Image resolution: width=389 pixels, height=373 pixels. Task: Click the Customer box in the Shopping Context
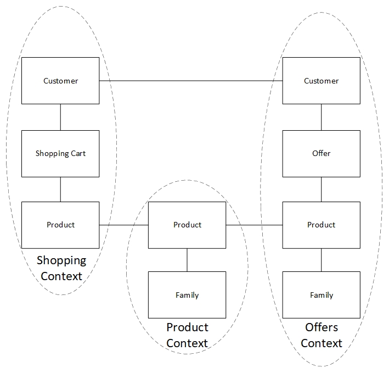[60, 81]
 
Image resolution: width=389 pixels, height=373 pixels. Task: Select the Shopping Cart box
[60, 154]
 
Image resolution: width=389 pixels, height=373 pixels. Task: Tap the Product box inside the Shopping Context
[60, 225]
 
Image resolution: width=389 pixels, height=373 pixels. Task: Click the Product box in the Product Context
[187, 225]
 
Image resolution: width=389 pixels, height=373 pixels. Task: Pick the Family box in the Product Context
[187, 295]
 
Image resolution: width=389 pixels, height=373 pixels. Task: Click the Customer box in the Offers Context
[322, 81]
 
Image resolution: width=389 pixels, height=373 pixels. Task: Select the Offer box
[322, 154]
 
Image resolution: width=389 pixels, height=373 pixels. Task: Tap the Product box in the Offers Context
[322, 225]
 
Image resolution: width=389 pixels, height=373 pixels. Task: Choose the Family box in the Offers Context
[322, 295]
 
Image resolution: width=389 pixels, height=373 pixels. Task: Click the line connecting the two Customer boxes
[191, 81]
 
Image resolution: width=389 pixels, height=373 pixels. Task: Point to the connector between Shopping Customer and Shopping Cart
[60, 117]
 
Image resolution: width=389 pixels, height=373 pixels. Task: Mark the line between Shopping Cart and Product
[60, 190]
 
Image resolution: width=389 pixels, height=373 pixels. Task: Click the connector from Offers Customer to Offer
[322, 117]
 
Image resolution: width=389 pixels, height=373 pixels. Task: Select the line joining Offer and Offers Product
[322, 190]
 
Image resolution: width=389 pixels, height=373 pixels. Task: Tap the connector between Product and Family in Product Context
[187, 260]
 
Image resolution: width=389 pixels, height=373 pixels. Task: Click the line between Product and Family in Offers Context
[322, 260]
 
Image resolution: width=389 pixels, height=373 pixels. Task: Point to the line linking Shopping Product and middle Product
[124, 225]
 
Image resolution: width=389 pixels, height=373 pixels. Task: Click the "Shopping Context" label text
[61, 269]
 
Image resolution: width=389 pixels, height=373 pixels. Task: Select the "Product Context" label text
[187, 335]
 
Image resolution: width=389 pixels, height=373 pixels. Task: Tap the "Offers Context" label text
[322, 335]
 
